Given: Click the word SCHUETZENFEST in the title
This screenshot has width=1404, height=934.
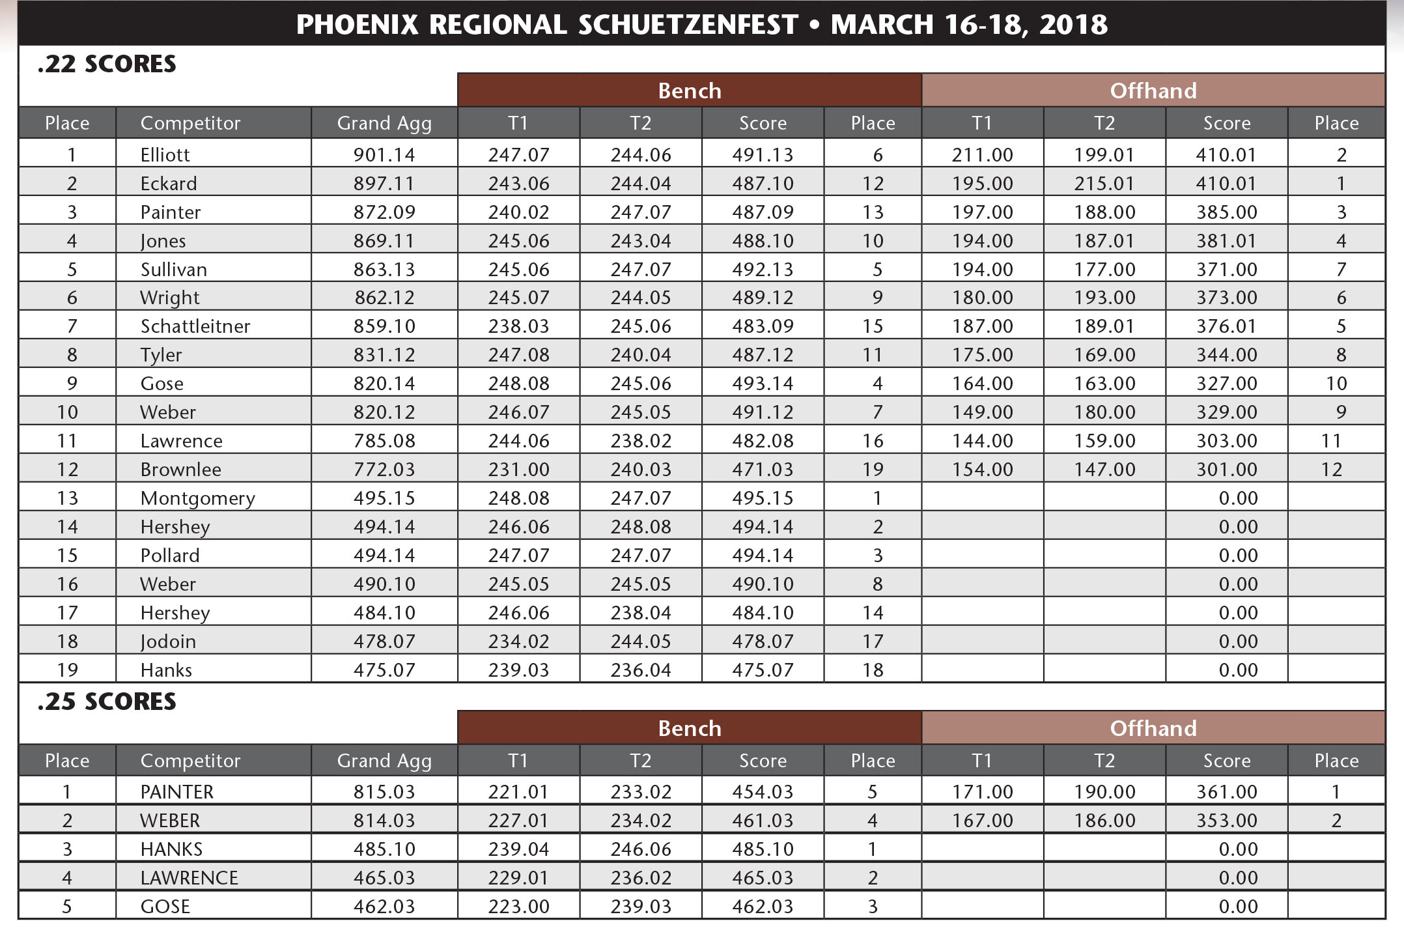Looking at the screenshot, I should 688,25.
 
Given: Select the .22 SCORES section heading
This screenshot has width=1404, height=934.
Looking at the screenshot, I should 107,64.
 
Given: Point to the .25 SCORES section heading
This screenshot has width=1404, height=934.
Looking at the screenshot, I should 107,701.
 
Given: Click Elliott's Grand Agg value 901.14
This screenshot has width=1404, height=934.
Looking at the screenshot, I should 384,155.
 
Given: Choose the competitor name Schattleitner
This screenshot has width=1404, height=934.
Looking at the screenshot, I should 195,326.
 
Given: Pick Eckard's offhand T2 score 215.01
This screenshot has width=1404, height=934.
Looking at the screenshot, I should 1104,184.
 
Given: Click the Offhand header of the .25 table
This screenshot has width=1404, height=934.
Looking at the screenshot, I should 1153,728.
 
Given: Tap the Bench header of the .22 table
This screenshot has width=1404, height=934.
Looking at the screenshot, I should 690,91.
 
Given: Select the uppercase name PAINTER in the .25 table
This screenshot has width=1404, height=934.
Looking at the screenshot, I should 177,792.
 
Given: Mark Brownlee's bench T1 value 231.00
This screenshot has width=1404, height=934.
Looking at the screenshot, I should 518,470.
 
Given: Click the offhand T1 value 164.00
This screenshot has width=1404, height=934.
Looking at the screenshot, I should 982,384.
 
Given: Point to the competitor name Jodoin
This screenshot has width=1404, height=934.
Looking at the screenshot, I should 168,642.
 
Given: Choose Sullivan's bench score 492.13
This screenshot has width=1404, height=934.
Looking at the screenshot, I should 763,270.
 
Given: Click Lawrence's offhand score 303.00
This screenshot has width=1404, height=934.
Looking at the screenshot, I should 1226,441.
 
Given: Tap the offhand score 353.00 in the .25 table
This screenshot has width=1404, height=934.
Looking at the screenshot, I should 1226,821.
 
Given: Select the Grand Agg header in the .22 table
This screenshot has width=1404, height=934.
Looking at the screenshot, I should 384,123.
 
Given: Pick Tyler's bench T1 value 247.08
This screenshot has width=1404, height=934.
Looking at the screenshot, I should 518,355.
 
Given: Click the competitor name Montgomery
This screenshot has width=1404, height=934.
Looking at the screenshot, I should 198,498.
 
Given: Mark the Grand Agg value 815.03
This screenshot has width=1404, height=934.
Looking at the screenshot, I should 384,792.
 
